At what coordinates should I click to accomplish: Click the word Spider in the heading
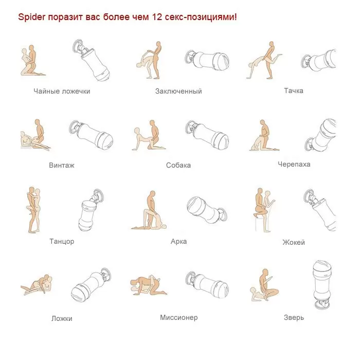coord(32,17)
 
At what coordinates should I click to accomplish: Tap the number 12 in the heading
coord(157,17)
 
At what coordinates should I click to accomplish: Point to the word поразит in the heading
coord(65,17)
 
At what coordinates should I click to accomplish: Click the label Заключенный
coord(178,91)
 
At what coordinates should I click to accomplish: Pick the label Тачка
coord(294,91)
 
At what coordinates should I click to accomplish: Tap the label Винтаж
coord(62,165)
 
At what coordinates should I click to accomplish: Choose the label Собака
coord(178,165)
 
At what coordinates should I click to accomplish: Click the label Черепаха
coord(294,165)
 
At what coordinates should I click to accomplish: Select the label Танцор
coord(62,242)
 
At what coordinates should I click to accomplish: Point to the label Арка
coord(178,242)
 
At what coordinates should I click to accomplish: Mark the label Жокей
coord(294,242)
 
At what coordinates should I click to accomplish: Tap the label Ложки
coord(62,319)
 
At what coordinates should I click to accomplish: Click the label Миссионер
coord(179,318)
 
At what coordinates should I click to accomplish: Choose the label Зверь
coord(294,318)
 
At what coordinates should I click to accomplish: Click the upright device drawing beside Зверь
coord(322,285)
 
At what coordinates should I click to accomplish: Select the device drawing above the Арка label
coord(206,210)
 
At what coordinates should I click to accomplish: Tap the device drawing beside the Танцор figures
coord(91,210)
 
